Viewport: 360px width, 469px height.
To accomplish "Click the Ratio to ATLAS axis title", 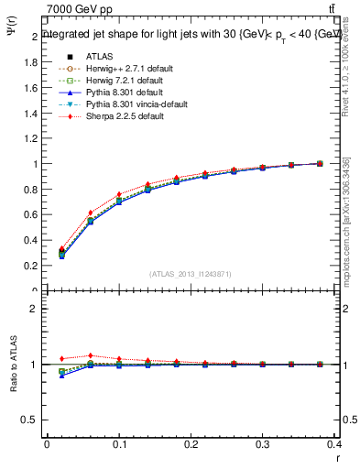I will pos(13,366).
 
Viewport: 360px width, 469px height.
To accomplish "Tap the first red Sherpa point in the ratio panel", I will pos(62,358).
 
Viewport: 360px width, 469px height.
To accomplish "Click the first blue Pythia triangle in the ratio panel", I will pos(62,376).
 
